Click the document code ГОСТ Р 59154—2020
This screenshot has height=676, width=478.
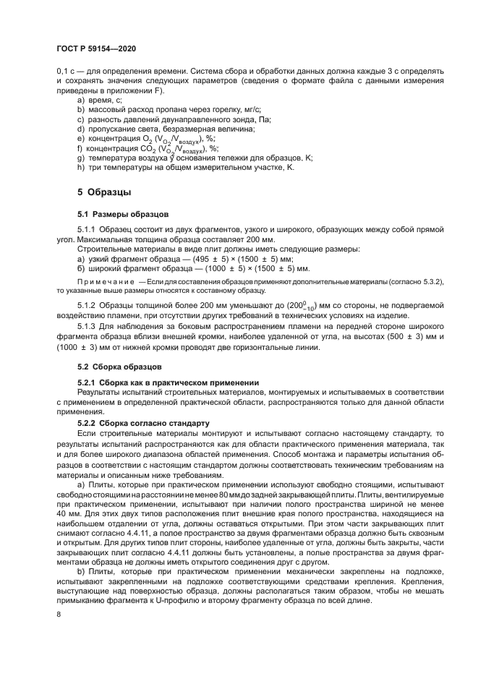(x=95, y=48)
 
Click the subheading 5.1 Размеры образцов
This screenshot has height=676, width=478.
(x=122, y=215)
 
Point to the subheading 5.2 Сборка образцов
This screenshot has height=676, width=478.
(x=119, y=367)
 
